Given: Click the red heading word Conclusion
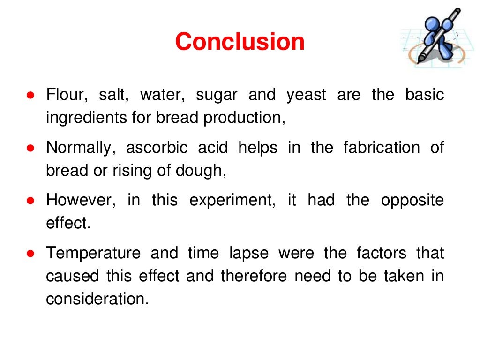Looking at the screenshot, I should coord(240,42).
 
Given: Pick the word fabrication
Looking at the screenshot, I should coord(381,148).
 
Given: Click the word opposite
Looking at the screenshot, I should coord(412,201).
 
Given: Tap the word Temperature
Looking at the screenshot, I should coord(93,254).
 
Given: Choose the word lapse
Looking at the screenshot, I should coord(249,254).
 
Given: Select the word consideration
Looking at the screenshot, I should coord(97,299).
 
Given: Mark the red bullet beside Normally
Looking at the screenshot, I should coord(30,148).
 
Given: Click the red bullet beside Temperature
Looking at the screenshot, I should coord(30,254).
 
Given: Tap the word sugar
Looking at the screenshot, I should coord(217,95).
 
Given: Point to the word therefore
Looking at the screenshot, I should coord(254,276).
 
